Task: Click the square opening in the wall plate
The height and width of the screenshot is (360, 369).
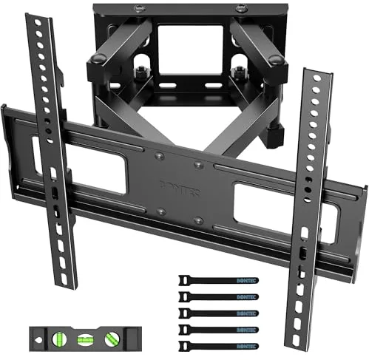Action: (190, 47)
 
